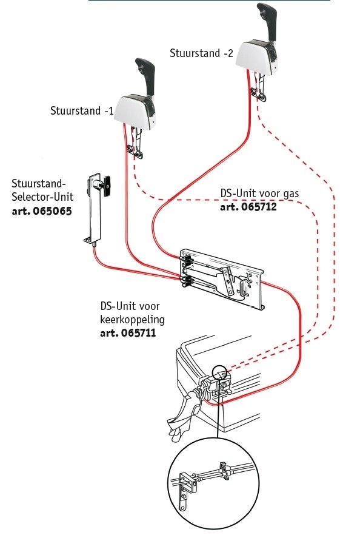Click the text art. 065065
(x=39, y=212)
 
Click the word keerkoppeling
(x=132, y=319)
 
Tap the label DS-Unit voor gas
(x=259, y=193)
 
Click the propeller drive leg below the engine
(x=182, y=419)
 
